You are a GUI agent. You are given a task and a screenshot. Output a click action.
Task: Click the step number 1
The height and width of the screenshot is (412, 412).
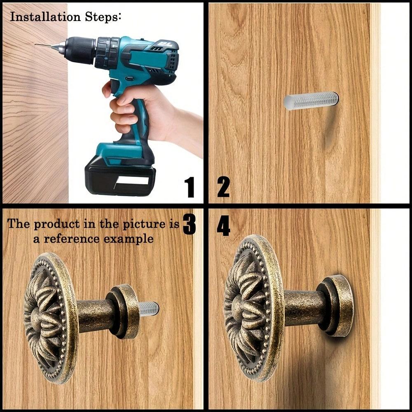[189, 187]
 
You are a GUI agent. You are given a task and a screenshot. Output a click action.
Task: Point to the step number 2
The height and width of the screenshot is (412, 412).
[223, 187]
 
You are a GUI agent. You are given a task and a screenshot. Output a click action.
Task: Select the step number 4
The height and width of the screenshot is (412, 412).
[223, 227]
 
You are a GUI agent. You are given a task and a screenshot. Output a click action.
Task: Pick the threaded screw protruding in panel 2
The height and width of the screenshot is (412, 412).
[311, 101]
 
